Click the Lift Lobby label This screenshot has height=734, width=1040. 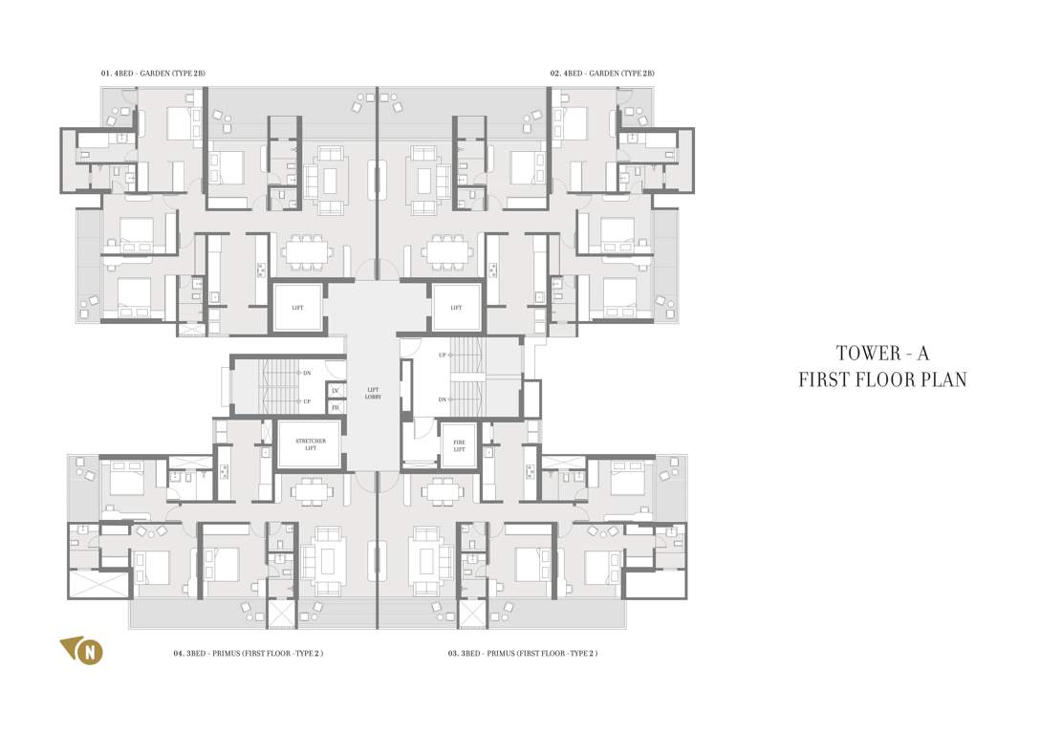coord(373,392)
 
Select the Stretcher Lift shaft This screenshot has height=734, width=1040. coord(310,443)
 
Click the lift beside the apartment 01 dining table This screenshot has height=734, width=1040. coord(297,308)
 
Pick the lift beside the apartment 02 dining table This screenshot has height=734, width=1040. coord(456,308)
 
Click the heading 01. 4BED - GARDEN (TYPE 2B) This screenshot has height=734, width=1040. coord(153,74)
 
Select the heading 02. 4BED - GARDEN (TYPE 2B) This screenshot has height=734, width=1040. coord(601,74)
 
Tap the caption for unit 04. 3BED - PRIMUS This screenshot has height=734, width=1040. coord(248,654)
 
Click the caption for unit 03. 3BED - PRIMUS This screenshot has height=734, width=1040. coord(523,654)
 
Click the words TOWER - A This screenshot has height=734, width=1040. coord(882,353)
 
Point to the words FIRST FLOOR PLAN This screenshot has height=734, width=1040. coord(882,380)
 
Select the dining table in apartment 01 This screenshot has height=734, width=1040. coord(308,252)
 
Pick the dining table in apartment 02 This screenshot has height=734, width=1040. coord(448,252)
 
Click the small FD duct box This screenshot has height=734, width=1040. coord(336,407)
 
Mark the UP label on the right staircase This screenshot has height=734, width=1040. coord(442,356)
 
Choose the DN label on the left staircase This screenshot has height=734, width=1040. coord(306,373)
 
